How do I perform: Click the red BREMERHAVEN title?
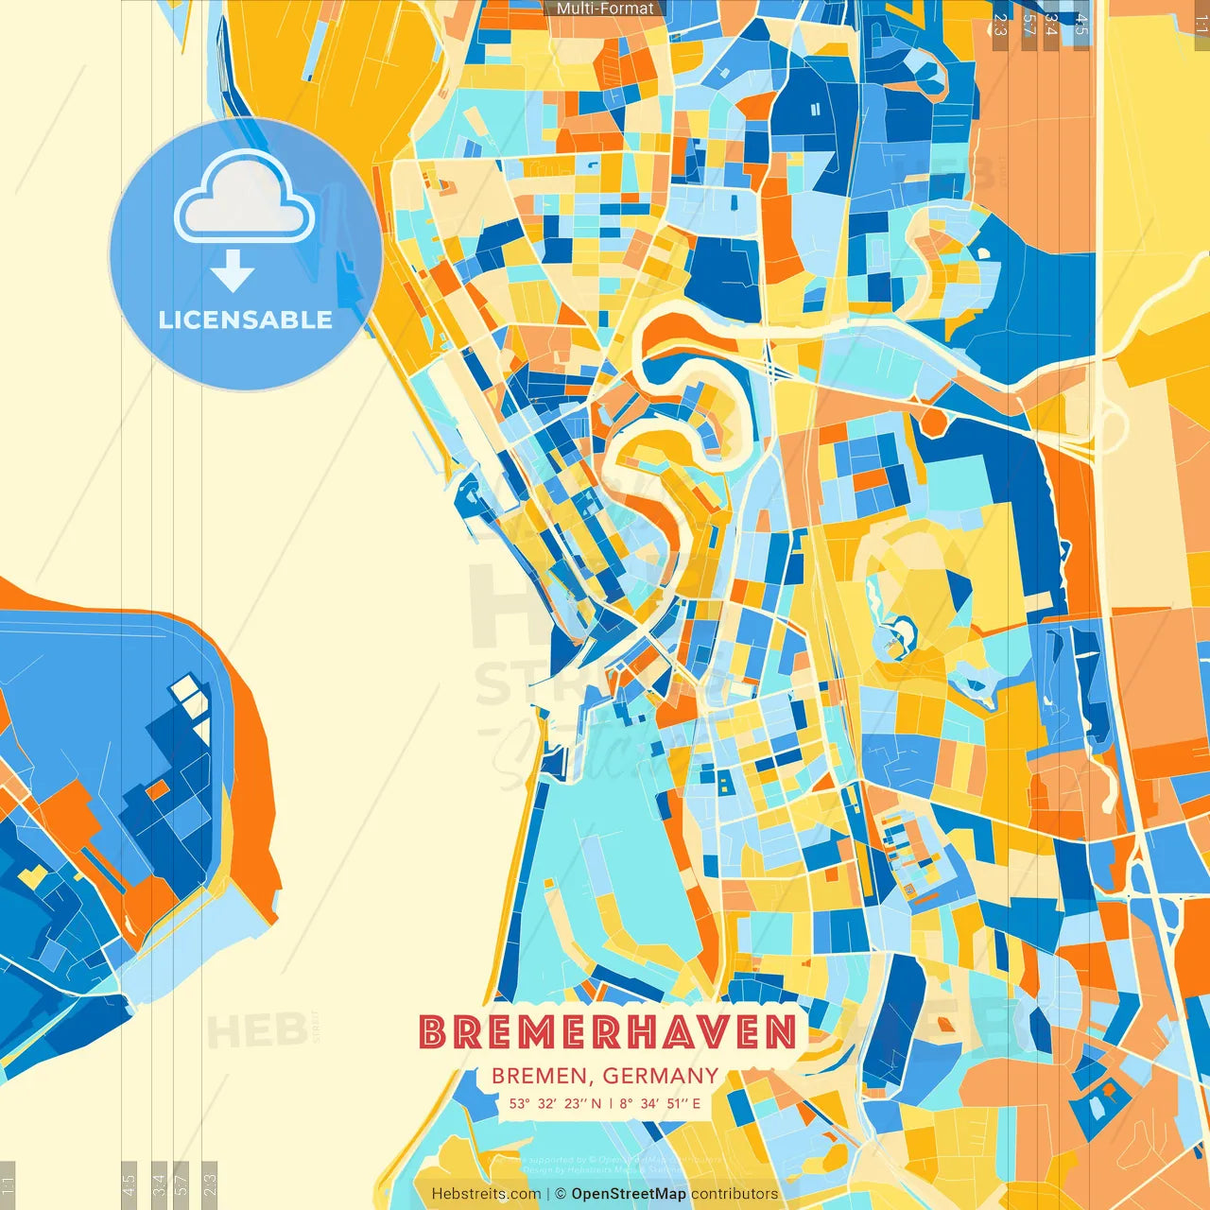(x=608, y=1031)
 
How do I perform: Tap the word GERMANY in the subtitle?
(x=660, y=1076)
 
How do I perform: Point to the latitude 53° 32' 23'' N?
(x=555, y=1103)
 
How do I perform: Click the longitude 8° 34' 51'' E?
(x=661, y=1103)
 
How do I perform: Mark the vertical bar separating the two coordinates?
(x=611, y=1103)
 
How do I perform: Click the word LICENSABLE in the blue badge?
(x=246, y=320)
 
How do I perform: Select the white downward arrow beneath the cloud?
(x=233, y=270)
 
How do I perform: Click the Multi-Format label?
(x=605, y=9)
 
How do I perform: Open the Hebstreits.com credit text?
(x=486, y=1194)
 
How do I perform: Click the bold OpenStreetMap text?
(x=629, y=1194)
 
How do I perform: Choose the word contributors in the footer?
(x=735, y=1194)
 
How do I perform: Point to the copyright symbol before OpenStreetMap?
(x=561, y=1194)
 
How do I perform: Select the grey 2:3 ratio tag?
(x=1000, y=25)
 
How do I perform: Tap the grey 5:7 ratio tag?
(x=1028, y=25)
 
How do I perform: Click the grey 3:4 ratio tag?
(x=1051, y=25)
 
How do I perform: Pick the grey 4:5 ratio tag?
(x=1080, y=25)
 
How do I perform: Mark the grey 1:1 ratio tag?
(x=1201, y=25)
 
